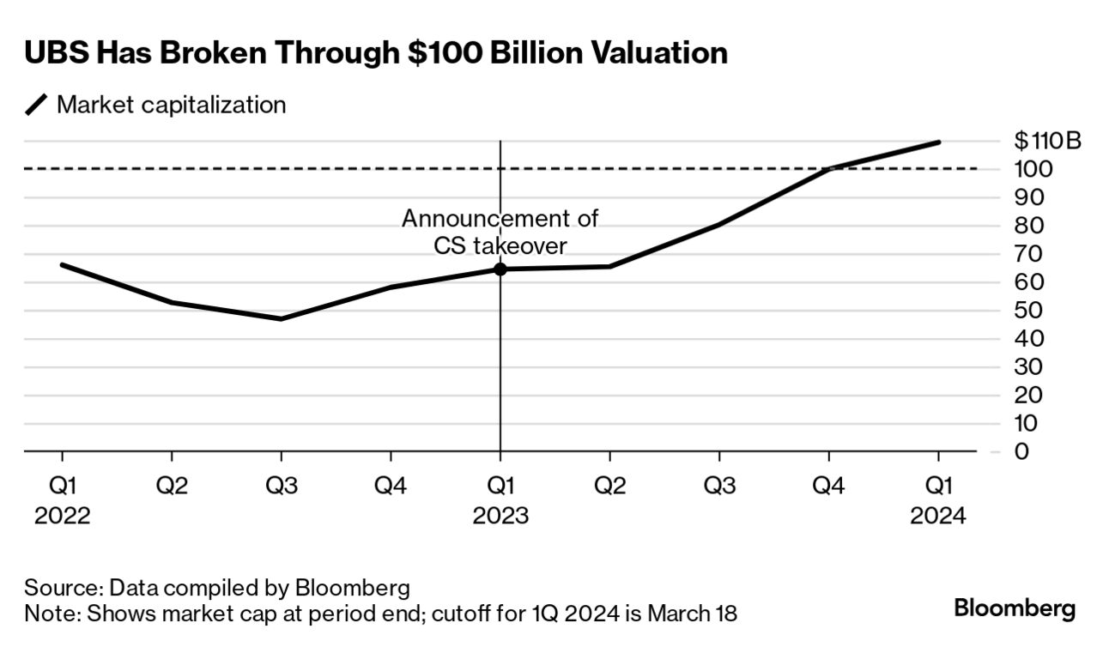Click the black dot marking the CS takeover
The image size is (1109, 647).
[500, 269]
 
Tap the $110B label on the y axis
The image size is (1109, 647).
[1047, 141]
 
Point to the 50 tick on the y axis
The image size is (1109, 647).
[1028, 311]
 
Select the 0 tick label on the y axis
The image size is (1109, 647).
[1021, 451]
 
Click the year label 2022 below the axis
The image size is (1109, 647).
[62, 517]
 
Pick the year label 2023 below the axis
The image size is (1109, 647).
[500, 517]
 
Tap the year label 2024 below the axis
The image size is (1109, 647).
[938, 517]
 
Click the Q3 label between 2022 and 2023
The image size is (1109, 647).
[282, 486]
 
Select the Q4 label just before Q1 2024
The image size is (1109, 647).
[828, 486]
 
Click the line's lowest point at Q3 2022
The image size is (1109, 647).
[282, 319]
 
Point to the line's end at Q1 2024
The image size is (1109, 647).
[938, 142]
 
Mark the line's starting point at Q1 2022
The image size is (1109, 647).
[62, 264]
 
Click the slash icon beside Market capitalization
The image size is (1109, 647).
[38, 106]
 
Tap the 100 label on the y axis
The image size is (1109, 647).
[1033, 169]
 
